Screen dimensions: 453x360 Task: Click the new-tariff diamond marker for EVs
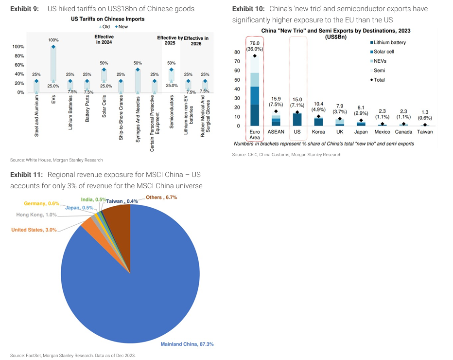(53, 47)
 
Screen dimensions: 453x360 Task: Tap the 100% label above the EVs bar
(53, 40)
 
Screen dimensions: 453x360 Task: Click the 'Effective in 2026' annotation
(196, 41)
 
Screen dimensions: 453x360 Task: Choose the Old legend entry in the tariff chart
(105, 27)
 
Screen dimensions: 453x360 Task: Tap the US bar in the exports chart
(297, 119)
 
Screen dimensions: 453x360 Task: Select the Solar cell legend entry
(382, 52)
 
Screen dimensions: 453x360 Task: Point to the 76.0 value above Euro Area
(255, 43)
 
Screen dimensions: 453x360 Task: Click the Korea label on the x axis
(318, 132)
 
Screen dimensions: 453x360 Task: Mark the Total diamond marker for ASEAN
(276, 111)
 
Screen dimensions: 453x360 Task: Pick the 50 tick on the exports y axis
(237, 80)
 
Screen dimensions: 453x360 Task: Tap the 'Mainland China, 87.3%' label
(187, 344)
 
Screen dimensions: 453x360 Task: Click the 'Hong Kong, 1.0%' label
(36, 215)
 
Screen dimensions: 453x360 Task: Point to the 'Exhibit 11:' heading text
(27, 175)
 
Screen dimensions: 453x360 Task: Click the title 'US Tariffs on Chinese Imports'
(108, 19)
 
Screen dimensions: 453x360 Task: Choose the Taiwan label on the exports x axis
(425, 132)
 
